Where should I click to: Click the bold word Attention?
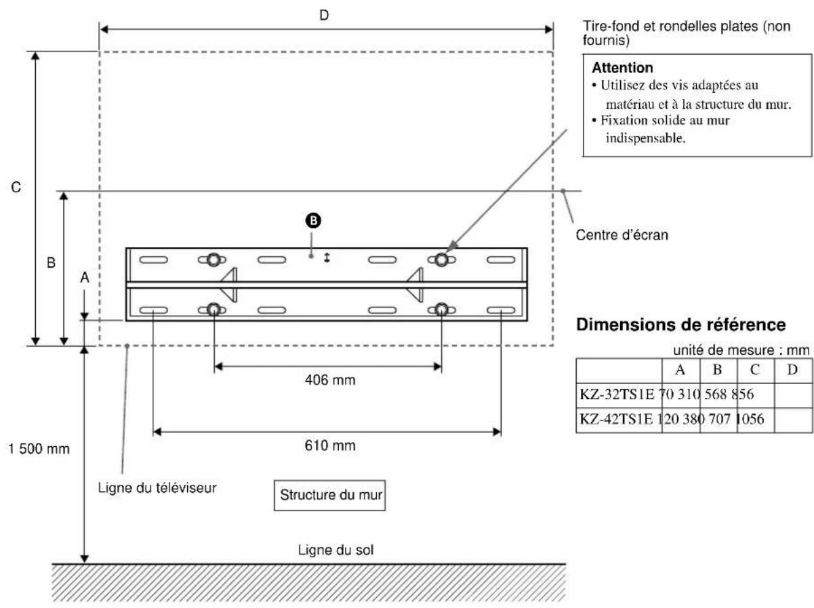coord(622,68)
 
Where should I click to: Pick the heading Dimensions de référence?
coord(681,325)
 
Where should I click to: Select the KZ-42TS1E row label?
coord(617,419)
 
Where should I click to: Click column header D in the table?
coord(792,370)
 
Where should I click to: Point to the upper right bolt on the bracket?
coord(441,259)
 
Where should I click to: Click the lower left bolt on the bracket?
coord(213,310)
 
